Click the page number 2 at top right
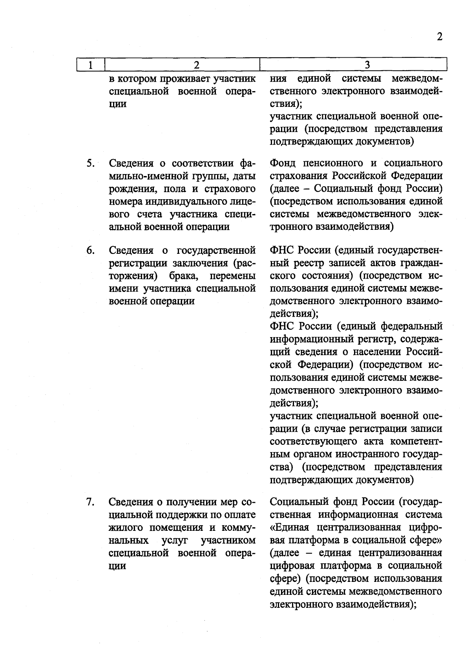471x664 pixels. point(439,37)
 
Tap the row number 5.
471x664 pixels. point(90,163)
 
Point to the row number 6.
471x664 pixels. point(90,250)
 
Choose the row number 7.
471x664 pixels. point(90,502)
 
